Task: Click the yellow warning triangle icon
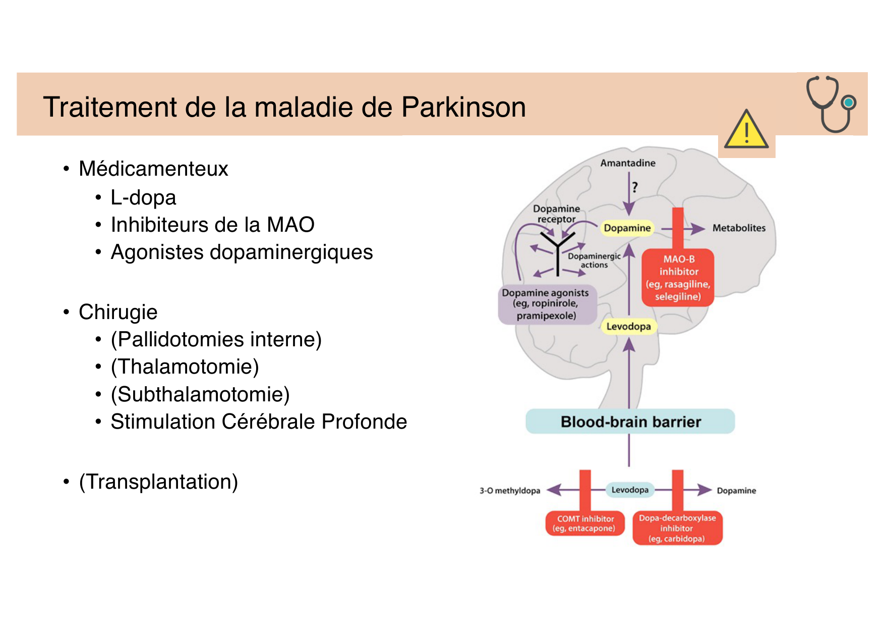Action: [746, 130]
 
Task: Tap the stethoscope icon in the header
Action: [831, 103]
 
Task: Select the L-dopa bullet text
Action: [143, 197]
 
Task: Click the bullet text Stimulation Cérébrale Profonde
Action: [258, 422]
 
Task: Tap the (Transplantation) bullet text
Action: [158, 482]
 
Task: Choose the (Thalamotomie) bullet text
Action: [185, 367]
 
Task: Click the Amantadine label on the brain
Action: [628, 163]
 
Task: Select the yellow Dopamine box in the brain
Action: [627, 228]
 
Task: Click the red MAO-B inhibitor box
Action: [678, 278]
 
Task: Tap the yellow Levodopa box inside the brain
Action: [628, 327]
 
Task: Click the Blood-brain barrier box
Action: [630, 422]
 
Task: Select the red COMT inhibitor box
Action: [585, 524]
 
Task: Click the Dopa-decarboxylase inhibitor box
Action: [677, 528]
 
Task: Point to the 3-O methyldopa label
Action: [509, 491]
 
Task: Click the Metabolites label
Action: [739, 228]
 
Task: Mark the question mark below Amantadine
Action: [635, 187]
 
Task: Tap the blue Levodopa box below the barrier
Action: [630, 490]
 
